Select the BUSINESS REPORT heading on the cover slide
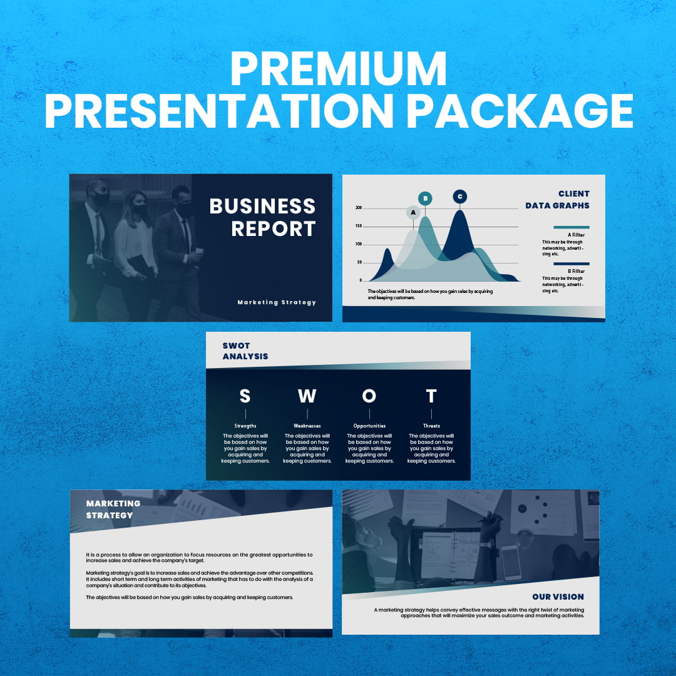(x=262, y=217)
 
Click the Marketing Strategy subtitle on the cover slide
(x=277, y=302)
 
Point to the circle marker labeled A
(x=412, y=213)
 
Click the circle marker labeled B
(x=425, y=198)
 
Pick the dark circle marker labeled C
(x=460, y=197)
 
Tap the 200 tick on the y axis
(x=359, y=208)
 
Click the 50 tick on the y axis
(x=360, y=262)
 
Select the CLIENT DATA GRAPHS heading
(x=558, y=200)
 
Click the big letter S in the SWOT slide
(x=245, y=396)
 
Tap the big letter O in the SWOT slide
(x=369, y=396)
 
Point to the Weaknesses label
(x=307, y=426)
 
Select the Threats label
(x=431, y=426)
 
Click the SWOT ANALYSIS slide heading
(x=245, y=351)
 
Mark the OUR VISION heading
(x=558, y=597)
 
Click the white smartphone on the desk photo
(x=511, y=562)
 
